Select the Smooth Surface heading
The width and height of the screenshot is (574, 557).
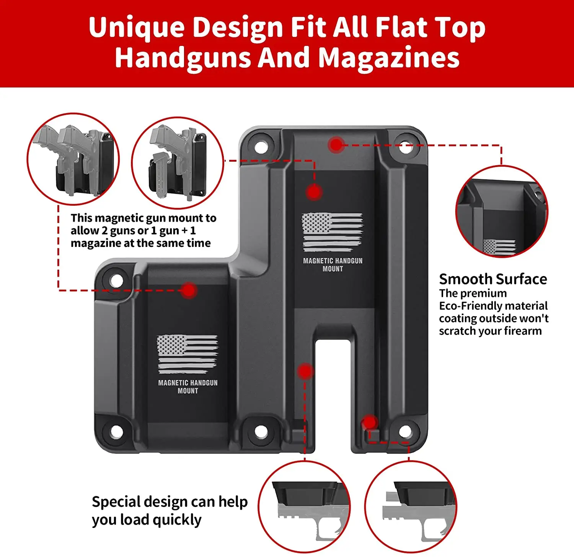pos(493,279)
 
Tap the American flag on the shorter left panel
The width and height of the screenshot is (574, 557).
pos(187,354)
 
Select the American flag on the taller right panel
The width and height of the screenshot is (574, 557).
pos(332,232)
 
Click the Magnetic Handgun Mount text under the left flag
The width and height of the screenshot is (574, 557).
pos(188,386)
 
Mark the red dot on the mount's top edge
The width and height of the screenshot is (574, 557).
pos(336,145)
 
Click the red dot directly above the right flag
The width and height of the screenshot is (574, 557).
pos(314,192)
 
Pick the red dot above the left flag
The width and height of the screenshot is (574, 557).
pos(189,291)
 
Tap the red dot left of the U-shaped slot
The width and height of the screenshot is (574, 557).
pos(305,371)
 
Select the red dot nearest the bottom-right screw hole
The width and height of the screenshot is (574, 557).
pos(369,422)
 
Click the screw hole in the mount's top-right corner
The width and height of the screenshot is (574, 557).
pos(405,147)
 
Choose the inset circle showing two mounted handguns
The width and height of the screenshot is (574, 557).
pos(73,159)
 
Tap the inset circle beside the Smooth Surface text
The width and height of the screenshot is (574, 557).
pos(502,212)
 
